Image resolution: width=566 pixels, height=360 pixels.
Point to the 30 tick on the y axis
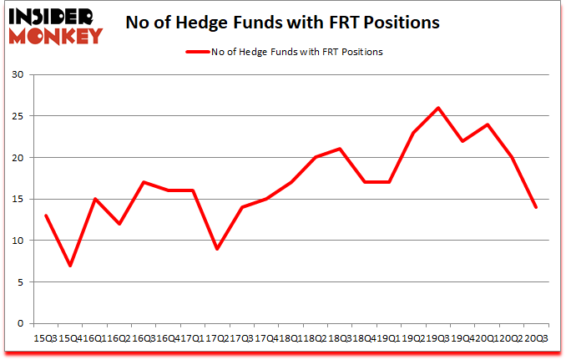[17, 75]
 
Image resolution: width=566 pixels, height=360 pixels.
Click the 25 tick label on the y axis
[17, 117]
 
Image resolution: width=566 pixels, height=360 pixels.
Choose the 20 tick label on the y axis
[17, 158]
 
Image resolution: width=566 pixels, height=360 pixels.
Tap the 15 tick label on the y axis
[17, 200]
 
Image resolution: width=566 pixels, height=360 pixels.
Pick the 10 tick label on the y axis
[17, 241]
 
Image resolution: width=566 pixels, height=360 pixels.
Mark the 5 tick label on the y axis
[20, 282]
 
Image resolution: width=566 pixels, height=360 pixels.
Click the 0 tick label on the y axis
[20, 323]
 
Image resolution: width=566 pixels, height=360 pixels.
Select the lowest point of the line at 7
[70, 266]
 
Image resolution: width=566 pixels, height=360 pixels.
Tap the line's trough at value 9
[216, 249]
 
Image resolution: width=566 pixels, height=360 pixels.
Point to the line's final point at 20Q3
[535, 207]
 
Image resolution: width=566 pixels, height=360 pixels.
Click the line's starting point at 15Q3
[46, 215]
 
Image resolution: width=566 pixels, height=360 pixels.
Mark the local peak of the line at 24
[487, 124]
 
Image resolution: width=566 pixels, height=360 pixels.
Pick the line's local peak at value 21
[339, 150]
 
